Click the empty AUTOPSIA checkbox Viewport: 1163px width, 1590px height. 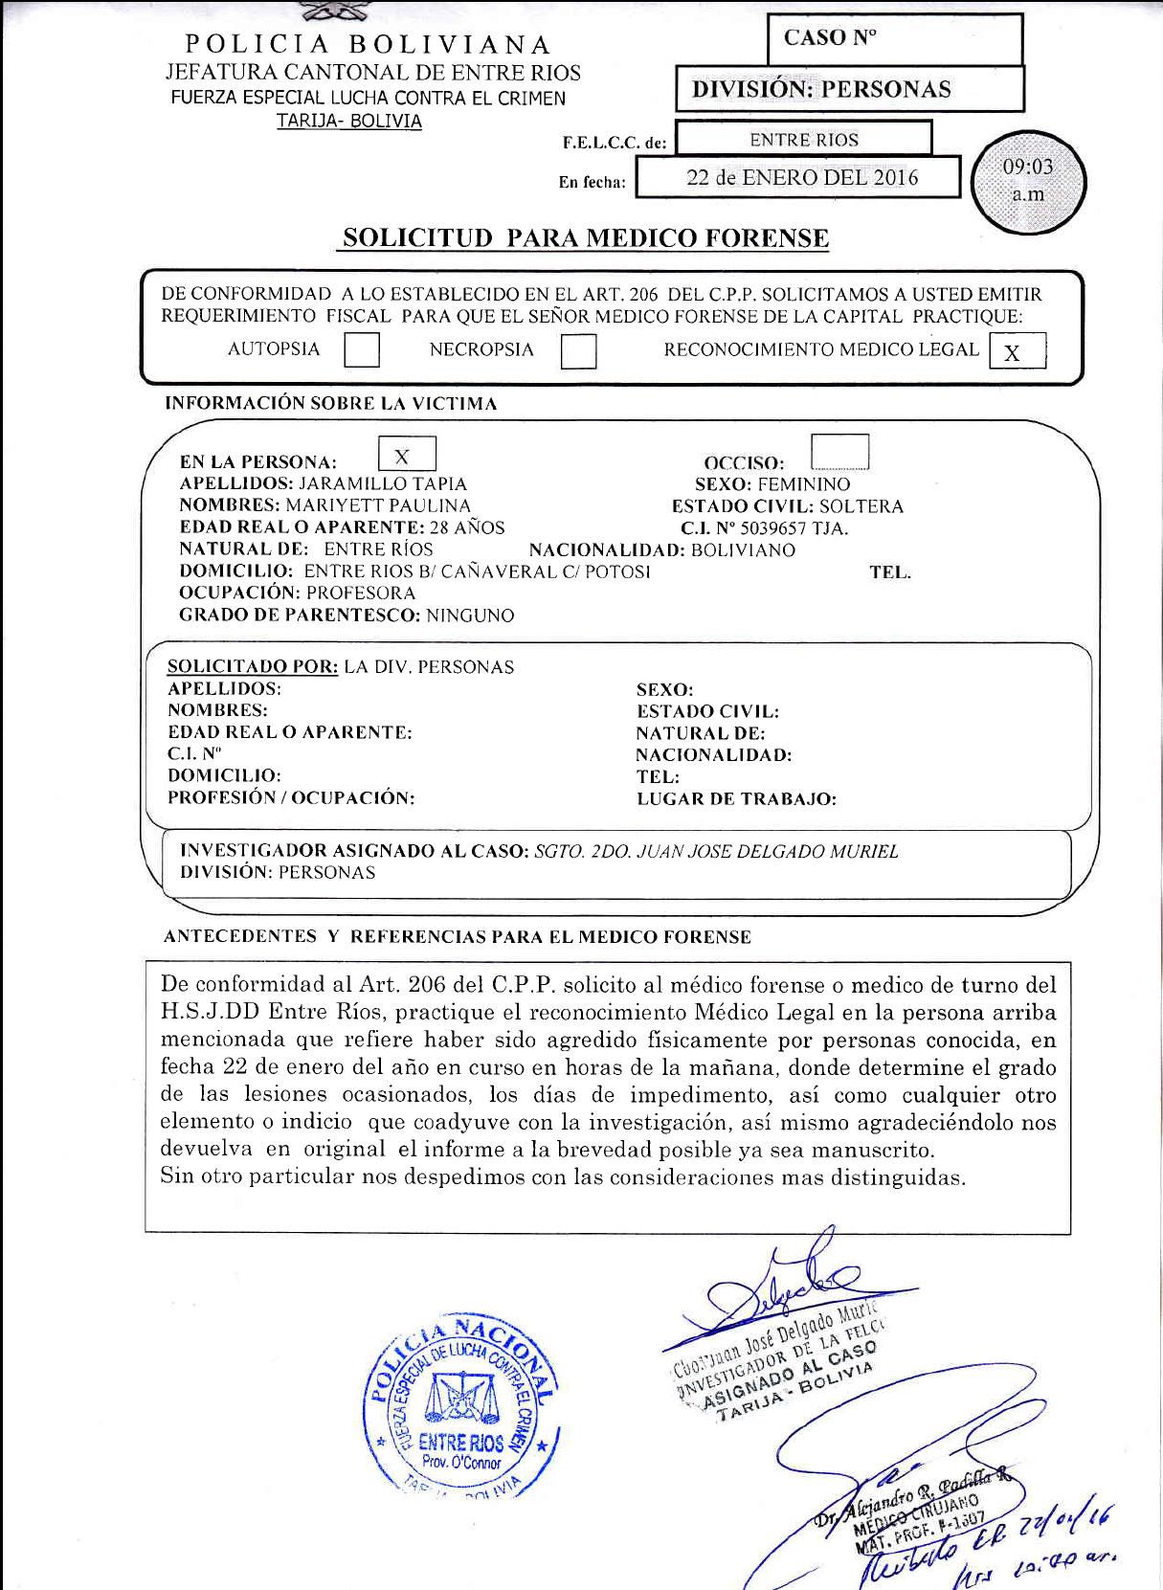[361, 349]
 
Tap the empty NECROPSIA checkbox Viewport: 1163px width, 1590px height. [578, 350]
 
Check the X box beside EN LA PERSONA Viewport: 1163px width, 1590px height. [407, 455]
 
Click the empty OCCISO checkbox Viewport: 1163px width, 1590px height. [839, 452]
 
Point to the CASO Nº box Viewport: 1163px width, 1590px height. [895, 39]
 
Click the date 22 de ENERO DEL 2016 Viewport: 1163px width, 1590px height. [801, 178]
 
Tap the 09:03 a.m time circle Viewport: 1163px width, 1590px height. [1028, 181]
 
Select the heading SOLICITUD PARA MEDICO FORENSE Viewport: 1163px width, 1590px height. [585, 238]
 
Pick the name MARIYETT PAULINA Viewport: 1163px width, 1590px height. [378, 505]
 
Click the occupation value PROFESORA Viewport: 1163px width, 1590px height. [361, 593]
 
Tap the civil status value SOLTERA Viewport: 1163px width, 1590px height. [861, 506]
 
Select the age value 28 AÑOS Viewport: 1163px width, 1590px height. [466, 527]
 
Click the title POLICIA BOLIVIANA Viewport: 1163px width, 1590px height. [369, 45]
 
